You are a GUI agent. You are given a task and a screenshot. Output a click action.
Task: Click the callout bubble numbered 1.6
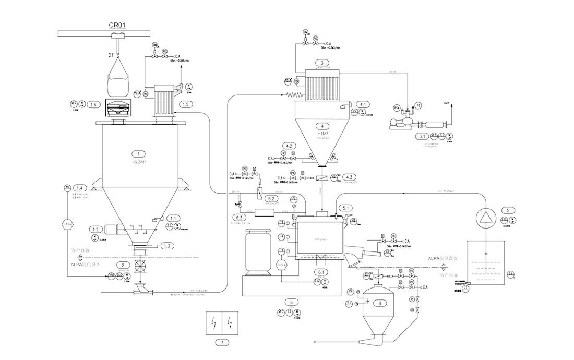93,105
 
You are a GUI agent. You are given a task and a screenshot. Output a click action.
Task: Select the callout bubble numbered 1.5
185,105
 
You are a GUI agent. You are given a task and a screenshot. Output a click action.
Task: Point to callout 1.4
80,188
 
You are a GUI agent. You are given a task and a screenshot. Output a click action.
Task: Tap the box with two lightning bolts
222,324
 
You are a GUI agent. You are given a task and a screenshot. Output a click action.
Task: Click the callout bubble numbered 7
222,343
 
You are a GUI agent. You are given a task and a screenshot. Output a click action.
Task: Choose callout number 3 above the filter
322,63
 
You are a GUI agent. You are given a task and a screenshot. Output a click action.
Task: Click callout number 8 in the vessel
380,303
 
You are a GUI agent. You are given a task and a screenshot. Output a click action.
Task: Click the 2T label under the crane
110,54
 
